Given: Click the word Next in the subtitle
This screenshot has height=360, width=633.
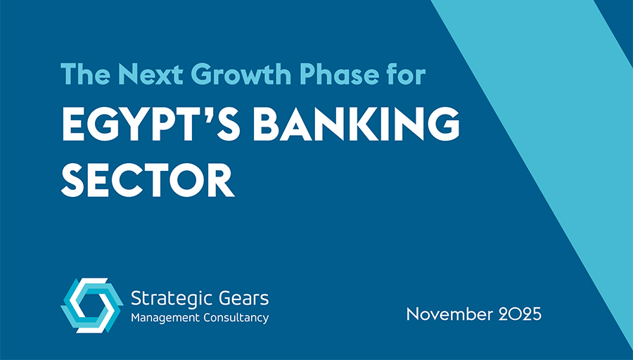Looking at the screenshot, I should (x=139, y=74).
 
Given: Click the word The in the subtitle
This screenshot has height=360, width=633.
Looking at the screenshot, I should (x=81, y=74).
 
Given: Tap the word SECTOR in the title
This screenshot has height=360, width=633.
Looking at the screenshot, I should (x=147, y=179).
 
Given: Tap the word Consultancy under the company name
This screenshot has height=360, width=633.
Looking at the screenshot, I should (x=234, y=319).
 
